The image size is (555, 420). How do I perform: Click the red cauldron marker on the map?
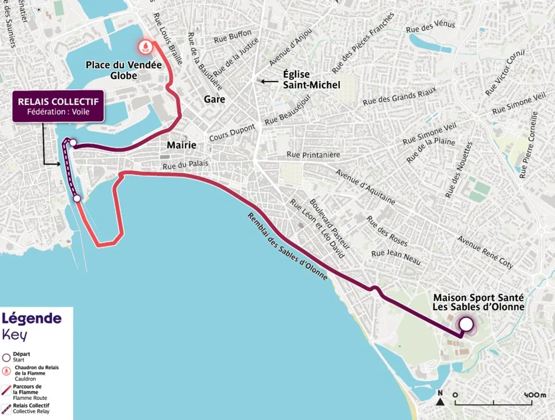[x=146, y=47]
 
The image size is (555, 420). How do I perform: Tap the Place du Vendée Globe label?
[x=124, y=70]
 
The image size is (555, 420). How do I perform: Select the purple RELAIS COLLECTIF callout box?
[x=58, y=106]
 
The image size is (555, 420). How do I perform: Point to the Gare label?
[x=214, y=99]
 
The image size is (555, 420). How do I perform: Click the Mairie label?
[x=181, y=145]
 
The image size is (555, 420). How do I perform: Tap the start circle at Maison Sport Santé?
[x=466, y=324]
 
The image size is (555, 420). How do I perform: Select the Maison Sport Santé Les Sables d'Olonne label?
[x=478, y=302]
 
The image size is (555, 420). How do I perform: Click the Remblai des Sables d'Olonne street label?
[x=287, y=246]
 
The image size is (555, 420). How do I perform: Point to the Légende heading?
[x=32, y=319]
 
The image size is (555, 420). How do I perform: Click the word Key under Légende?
[x=15, y=335]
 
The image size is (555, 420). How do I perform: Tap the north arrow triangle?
[x=440, y=402]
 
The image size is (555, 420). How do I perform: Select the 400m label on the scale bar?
[x=535, y=394]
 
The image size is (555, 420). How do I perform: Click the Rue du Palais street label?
[x=185, y=165]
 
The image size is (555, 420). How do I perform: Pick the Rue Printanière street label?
[x=313, y=154]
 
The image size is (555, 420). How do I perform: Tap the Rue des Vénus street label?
[x=430, y=27]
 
